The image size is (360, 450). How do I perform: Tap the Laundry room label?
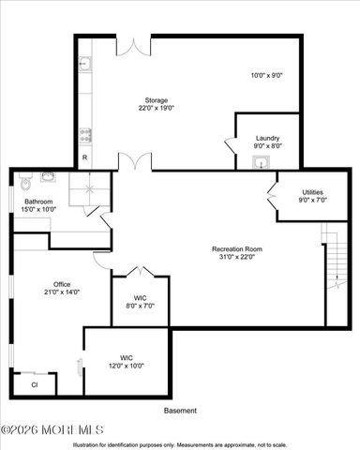point(267,138)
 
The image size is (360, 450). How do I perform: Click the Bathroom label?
point(38,202)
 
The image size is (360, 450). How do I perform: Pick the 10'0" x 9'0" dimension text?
point(267,75)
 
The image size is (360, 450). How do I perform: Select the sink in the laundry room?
point(261,161)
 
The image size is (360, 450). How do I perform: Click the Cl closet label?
point(34,384)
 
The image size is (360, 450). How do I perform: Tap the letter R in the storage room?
point(84,156)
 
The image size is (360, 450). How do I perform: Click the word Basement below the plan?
point(180,411)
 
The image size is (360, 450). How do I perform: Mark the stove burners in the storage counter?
point(84,132)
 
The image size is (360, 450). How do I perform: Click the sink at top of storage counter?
point(84,65)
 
